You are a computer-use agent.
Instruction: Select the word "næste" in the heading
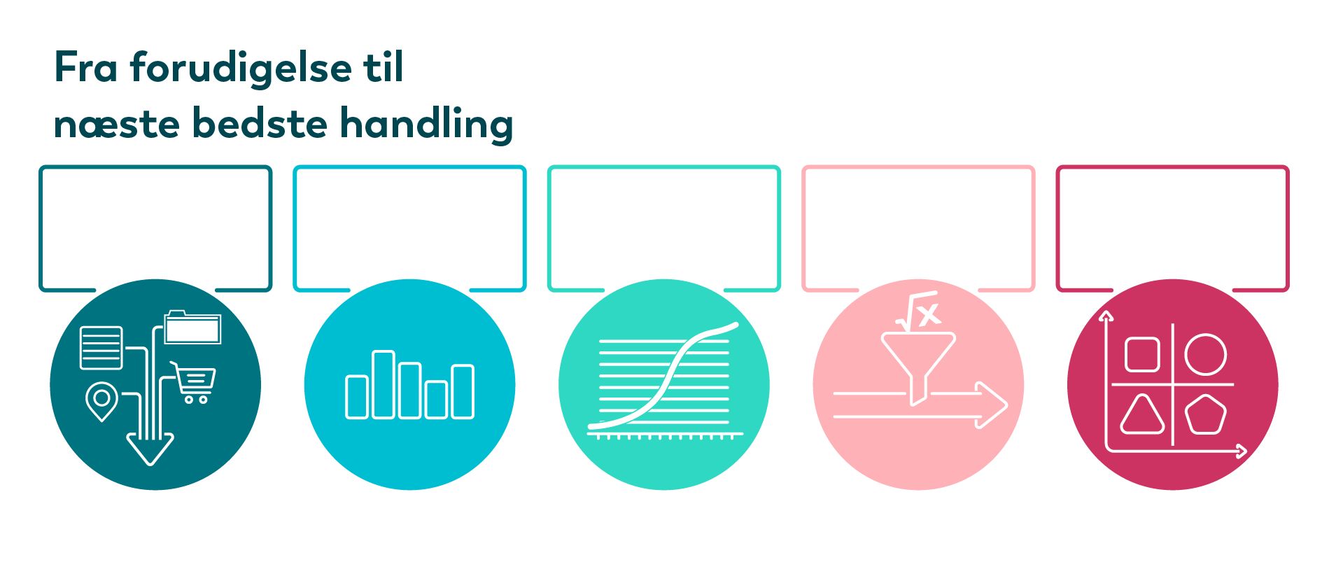(x=117, y=126)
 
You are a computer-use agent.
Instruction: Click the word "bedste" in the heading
(x=260, y=124)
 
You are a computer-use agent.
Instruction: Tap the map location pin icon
(x=101, y=401)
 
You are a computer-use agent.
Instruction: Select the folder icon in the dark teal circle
(x=192, y=327)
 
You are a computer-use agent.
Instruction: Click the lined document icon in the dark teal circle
(x=101, y=348)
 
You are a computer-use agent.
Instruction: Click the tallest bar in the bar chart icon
(x=384, y=384)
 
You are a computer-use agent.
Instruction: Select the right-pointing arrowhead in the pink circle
(x=992, y=405)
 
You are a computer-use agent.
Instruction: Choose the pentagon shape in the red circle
(x=1206, y=415)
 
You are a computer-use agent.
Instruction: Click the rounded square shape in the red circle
(x=1142, y=354)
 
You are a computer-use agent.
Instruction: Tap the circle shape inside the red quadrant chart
(x=1206, y=354)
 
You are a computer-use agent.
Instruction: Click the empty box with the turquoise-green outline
(x=664, y=167)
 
